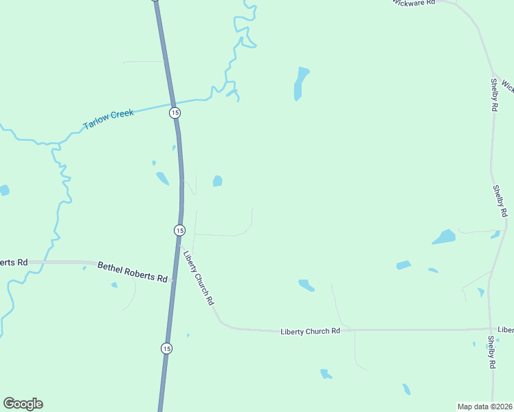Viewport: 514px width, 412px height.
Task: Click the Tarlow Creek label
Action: [x=108, y=118]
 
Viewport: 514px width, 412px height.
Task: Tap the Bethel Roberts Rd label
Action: [x=132, y=272]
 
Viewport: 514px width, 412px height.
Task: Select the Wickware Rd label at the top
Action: [x=414, y=3]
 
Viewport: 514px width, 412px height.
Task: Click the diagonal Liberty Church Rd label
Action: [x=199, y=276]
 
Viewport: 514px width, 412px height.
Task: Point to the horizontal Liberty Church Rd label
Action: [x=310, y=331]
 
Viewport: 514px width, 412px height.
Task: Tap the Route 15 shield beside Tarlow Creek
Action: [x=175, y=112]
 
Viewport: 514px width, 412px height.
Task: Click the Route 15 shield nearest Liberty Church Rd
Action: [x=179, y=229]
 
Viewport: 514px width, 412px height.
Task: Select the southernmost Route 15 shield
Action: [x=166, y=349]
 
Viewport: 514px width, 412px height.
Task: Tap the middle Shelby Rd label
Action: [x=500, y=201]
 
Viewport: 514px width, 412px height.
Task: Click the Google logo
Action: [x=23, y=404]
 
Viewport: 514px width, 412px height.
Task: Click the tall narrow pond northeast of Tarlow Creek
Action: [x=300, y=83]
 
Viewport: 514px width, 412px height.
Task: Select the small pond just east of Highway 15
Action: [x=217, y=181]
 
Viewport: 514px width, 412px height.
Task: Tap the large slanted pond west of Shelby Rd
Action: [x=444, y=238]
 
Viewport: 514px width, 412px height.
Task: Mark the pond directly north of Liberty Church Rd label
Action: [x=306, y=285]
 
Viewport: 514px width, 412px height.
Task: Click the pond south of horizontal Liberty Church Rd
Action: [x=326, y=374]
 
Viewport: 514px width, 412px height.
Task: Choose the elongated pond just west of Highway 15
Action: [x=162, y=179]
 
